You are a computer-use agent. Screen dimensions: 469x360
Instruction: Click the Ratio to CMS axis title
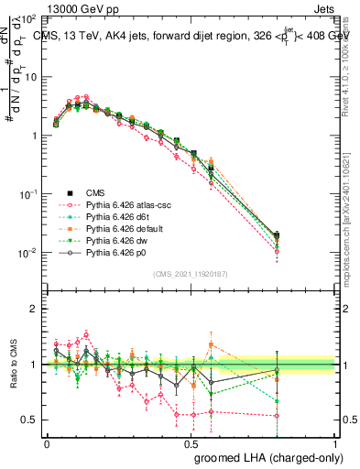coord(12,365)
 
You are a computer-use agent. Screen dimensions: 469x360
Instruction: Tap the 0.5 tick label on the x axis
coord(191,442)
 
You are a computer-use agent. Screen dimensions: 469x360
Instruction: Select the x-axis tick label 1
coord(335,442)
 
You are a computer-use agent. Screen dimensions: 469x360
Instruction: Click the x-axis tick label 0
coord(48,442)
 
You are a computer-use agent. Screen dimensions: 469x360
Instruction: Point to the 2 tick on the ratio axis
coord(32,310)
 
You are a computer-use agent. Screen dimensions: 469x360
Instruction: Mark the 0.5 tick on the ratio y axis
coord(28,420)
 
